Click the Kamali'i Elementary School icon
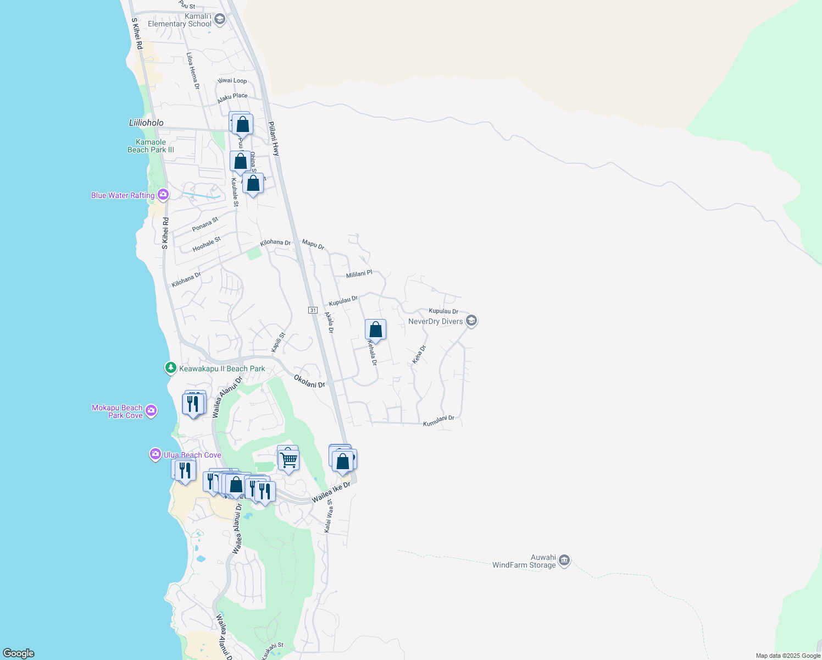[220, 20]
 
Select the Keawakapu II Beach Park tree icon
[171, 368]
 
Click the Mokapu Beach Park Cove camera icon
[151, 411]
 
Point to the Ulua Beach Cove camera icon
[155, 454]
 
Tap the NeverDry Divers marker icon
[471, 321]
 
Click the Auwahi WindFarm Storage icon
[564, 561]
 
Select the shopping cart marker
[288, 459]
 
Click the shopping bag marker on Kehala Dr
[376, 330]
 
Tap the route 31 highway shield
[313, 310]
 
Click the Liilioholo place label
[146, 123]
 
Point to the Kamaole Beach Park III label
[151, 146]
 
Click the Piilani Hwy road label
[274, 138]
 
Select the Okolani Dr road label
[309, 381]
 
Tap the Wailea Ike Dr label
[331, 492]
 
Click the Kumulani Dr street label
[438, 421]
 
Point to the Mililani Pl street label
[359, 274]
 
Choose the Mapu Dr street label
[313, 244]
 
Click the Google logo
[19, 653]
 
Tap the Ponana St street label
[205, 224]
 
